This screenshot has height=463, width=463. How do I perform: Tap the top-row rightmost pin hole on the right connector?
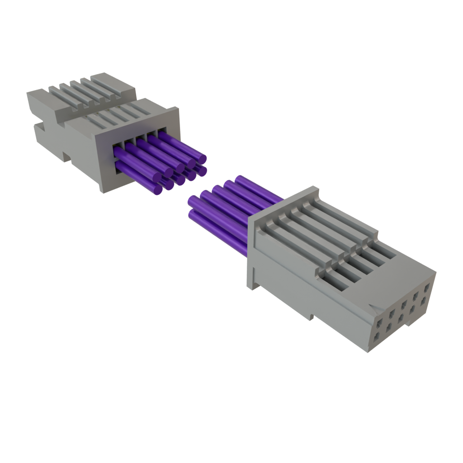[x=427, y=286]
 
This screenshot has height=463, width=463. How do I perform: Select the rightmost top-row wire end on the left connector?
[x=201, y=159]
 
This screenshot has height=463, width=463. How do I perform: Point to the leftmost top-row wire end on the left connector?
[x=168, y=172]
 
